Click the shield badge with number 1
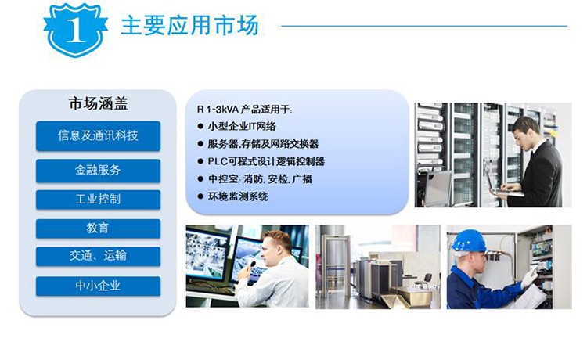pyautogui.click(x=75, y=30)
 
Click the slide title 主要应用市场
pyautogui.click(x=190, y=26)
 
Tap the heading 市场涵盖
pyautogui.click(x=98, y=103)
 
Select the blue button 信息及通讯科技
pyautogui.click(x=98, y=136)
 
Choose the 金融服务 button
pyautogui.click(x=98, y=171)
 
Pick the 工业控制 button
pyautogui.click(x=98, y=200)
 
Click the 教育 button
pyautogui.click(x=98, y=229)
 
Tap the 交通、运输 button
pyautogui.click(x=98, y=257)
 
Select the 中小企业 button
pyautogui.click(x=98, y=286)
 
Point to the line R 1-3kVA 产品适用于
pyautogui.click(x=244, y=110)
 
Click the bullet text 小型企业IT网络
pyautogui.click(x=242, y=127)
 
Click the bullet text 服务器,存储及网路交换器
pyautogui.click(x=263, y=144)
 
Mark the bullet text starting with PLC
pyautogui.click(x=266, y=161)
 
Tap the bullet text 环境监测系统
pyautogui.click(x=238, y=196)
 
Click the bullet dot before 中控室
pyautogui.click(x=200, y=179)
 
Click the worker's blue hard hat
pyautogui.click(x=469, y=240)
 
